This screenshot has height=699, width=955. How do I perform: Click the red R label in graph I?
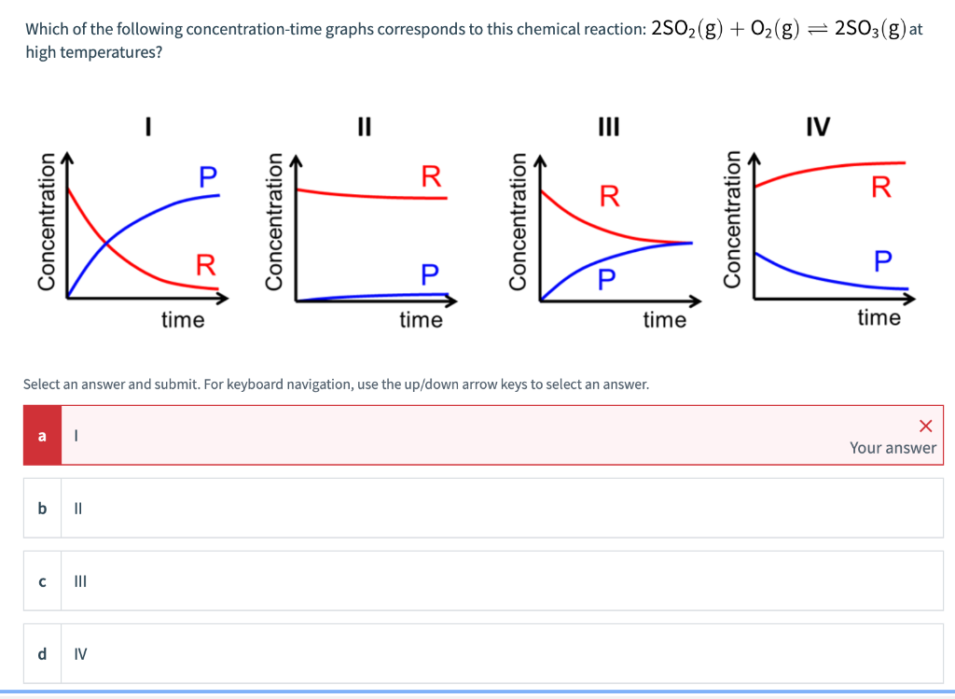(x=205, y=264)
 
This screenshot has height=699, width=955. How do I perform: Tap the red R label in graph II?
(x=431, y=175)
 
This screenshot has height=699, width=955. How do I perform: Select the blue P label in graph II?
(x=429, y=274)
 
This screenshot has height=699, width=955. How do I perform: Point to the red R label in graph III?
(x=609, y=196)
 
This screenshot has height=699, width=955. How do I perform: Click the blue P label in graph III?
(x=606, y=277)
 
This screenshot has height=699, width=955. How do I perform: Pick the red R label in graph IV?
(x=881, y=187)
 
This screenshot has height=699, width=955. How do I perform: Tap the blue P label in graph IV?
(x=882, y=259)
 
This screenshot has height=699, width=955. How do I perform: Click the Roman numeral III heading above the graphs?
(x=608, y=125)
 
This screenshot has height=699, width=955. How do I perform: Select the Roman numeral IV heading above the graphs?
(x=818, y=125)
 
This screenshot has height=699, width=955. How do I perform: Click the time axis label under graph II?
(x=421, y=321)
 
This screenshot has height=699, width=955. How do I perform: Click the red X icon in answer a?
(x=925, y=426)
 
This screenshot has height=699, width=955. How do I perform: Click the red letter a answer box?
(x=42, y=435)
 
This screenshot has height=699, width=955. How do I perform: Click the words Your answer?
(x=893, y=448)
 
